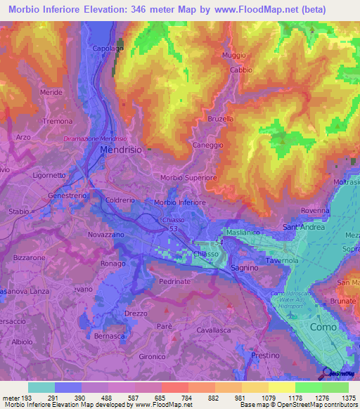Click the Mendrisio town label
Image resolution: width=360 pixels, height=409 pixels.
pyautogui.click(x=121, y=150)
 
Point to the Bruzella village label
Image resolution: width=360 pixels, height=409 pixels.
pyautogui.click(x=220, y=119)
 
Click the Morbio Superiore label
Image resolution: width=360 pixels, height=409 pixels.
pyautogui.click(x=189, y=178)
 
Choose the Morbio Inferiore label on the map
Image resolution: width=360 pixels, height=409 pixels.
pyautogui.click(x=179, y=202)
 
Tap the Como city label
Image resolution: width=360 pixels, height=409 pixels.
pyautogui.click(x=322, y=327)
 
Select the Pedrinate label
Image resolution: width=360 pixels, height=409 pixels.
pyautogui.click(x=175, y=281)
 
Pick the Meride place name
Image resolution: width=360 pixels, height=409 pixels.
pyautogui.click(x=51, y=92)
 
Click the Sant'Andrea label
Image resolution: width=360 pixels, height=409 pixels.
pyautogui.click(x=303, y=227)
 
